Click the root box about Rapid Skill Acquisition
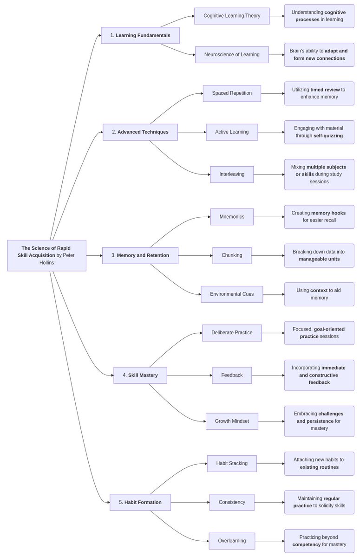(46, 255)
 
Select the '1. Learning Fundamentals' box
(140, 35)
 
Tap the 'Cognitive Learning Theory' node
(232, 16)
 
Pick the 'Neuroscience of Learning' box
(232, 55)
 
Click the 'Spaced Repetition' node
(232, 93)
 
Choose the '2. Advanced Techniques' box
(140, 132)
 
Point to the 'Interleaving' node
(232, 175)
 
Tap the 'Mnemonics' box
(232, 217)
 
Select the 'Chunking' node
(232, 255)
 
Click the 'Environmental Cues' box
(232, 294)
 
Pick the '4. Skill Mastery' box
(140, 375)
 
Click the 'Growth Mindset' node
(232, 421)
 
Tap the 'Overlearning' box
(232, 541)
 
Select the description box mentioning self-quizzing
(319, 132)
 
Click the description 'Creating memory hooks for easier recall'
(319, 217)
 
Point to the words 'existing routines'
(319, 467)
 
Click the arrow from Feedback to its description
(268, 375)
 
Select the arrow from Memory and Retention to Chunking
(195, 255)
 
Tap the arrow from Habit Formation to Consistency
(190, 502)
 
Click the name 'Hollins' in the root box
(46, 263)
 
